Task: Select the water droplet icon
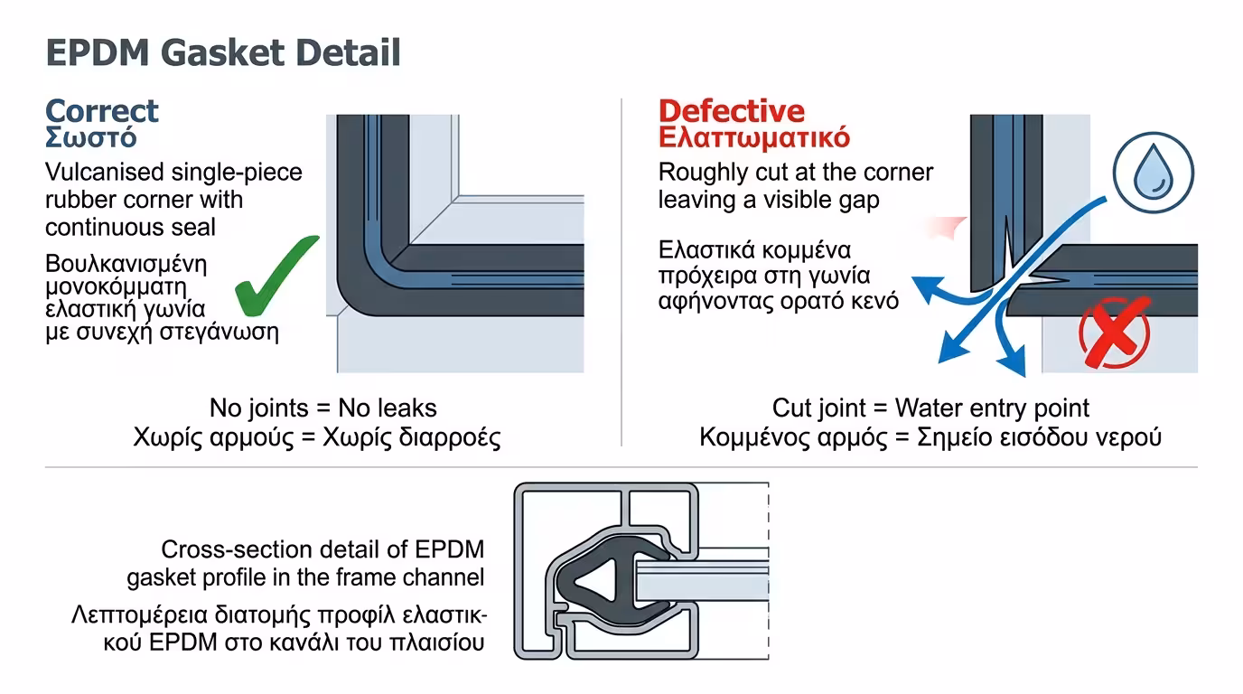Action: tap(1152, 173)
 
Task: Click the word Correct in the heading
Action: tap(102, 111)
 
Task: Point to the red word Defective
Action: tap(731, 111)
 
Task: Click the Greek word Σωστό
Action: tap(90, 138)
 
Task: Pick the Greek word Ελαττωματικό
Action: tap(753, 138)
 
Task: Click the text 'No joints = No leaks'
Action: tap(323, 408)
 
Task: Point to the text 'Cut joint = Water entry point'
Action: tap(930, 408)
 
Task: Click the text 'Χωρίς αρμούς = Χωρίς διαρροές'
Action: tap(316, 437)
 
